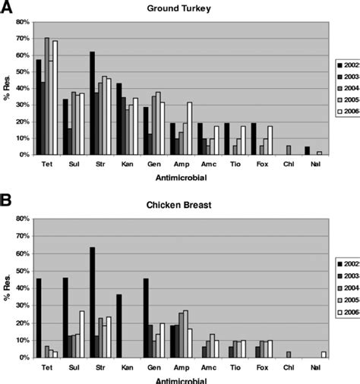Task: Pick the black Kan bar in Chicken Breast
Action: tap(118, 326)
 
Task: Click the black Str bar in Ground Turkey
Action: tap(91, 103)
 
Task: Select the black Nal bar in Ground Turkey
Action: tap(307, 150)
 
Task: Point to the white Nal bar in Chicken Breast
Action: tap(323, 354)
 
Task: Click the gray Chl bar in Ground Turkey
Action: tap(289, 150)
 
